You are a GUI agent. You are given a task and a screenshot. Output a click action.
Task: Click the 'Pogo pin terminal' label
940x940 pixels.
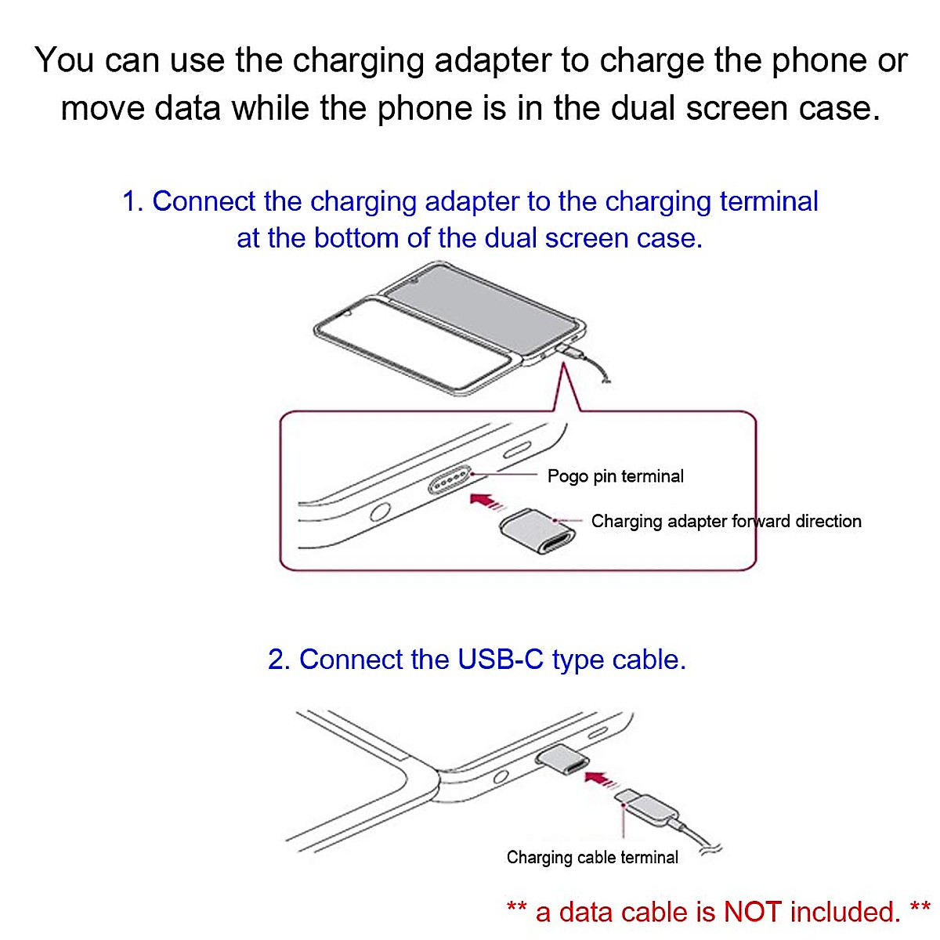tap(615, 476)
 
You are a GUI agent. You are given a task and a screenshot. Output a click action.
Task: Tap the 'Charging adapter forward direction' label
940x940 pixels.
tap(725, 522)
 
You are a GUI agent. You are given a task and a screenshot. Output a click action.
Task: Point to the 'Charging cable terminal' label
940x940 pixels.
tap(592, 858)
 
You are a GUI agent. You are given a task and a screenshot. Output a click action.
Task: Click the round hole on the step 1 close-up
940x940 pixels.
tap(381, 513)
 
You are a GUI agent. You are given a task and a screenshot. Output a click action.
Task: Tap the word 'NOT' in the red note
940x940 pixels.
tap(752, 912)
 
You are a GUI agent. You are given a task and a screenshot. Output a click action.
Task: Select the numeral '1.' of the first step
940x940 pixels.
tap(133, 202)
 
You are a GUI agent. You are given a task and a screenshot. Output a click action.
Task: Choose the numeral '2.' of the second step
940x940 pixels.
tap(280, 660)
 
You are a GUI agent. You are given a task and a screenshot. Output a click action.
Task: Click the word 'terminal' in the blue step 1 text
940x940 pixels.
tap(768, 202)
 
